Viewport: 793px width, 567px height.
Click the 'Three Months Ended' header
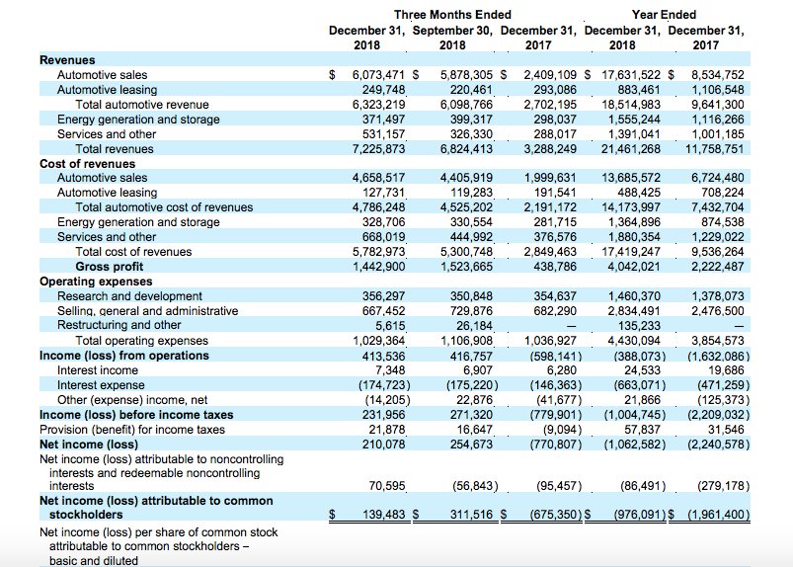[x=452, y=15]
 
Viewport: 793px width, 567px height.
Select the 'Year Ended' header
[x=664, y=15]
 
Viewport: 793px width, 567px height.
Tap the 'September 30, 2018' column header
[x=452, y=38]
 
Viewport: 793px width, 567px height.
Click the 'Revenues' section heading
[x=67, y=59]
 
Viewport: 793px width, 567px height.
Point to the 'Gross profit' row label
[x=110, y=267]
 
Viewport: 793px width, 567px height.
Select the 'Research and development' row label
[x=129, y=296]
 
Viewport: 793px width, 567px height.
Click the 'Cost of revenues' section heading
[x=88, y=163]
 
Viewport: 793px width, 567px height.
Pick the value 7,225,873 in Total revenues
[x=379, y=149]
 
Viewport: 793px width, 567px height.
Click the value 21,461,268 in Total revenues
[x=631, y=149]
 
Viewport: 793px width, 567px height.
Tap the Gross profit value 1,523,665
[x=466, y=267]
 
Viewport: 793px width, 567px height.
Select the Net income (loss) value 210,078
[x=383, y=445]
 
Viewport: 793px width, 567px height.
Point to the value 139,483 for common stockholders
[x=384, y=515]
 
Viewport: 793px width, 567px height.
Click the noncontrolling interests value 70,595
[x=387, y=486]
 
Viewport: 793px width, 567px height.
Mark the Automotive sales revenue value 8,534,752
[x=718, y=75]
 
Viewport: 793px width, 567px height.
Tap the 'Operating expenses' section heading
[x=96, y=282]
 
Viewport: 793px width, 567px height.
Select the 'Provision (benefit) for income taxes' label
[x=132, y=430]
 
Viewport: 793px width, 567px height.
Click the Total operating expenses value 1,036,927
[x=550, y=341]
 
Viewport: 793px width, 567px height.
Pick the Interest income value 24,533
[x=642, y=370]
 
